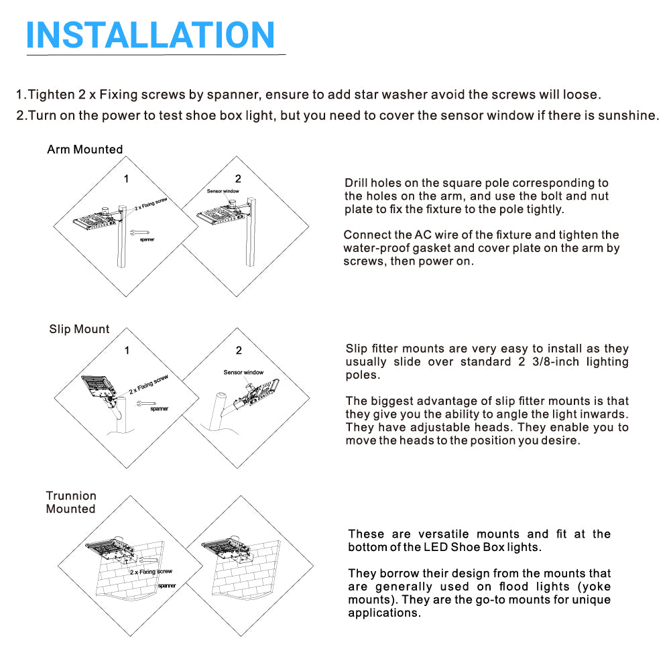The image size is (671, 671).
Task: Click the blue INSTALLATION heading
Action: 150,35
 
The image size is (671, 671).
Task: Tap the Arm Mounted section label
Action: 85,149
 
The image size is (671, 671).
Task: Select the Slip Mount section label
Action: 79,329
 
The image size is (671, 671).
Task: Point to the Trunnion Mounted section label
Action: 71,502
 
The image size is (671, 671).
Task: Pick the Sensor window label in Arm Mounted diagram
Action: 223,191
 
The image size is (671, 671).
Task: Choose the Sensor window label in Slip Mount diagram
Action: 243,372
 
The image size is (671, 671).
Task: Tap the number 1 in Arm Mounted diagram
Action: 126,179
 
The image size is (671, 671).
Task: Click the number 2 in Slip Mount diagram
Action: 239,351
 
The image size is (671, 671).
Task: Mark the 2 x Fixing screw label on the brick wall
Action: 151,572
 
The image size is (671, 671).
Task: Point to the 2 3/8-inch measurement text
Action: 549,362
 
